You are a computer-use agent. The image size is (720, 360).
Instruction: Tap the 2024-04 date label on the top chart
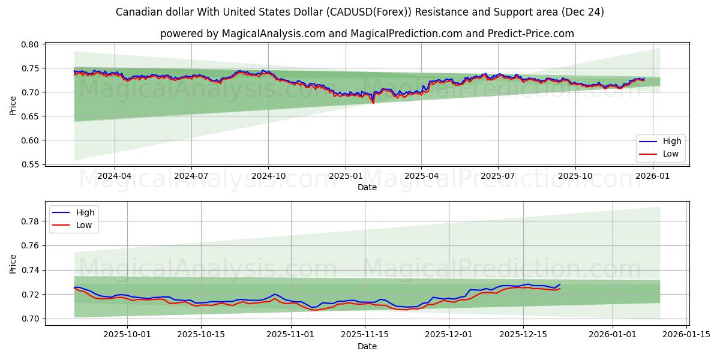tap(114, 176)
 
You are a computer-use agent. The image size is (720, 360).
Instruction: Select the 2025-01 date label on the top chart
tap(345, 176)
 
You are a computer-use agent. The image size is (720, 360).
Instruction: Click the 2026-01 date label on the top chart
tap(652, 176)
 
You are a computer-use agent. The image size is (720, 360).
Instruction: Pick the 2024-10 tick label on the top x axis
tap(268, 176)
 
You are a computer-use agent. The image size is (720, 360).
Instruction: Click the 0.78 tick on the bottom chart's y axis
tap(31, 221)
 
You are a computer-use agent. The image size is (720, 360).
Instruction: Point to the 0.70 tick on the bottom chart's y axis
tap(31, 319)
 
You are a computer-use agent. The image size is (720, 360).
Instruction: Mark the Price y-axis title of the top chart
tap(13, 105)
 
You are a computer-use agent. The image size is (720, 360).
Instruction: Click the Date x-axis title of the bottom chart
tap(367, 346)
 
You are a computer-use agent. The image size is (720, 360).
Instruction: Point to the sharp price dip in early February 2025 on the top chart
tap(373, 103)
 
